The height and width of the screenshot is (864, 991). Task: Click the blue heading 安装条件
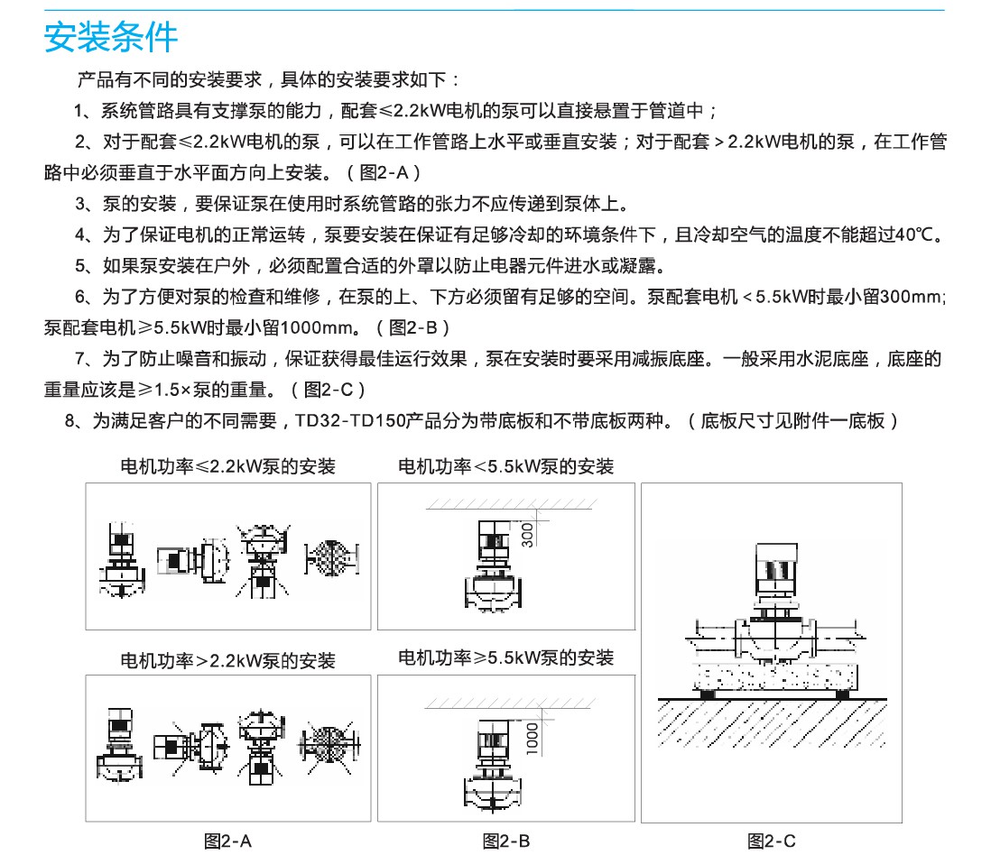point(111,37)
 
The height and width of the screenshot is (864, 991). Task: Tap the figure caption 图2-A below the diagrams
point(227,841)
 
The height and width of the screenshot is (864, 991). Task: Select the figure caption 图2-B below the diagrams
point(505,841)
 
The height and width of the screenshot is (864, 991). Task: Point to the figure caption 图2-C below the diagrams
point(771,841)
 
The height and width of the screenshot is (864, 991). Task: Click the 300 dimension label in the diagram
point(527,535)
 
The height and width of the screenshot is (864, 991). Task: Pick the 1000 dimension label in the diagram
point(533,739)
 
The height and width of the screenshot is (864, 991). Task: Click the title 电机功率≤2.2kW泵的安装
point(227,467)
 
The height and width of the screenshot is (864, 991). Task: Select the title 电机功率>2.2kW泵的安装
point(227,661)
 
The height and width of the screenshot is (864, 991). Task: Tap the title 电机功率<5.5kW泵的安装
point(505,467)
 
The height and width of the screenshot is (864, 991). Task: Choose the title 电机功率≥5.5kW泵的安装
point(505,658)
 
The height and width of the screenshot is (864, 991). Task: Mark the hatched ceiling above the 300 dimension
point(511,504)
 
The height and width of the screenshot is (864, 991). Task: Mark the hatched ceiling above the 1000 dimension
point(509,703)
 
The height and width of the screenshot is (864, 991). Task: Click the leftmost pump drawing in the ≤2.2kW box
point(122,560)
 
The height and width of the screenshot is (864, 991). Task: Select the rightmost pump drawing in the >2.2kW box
point(330,745)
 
